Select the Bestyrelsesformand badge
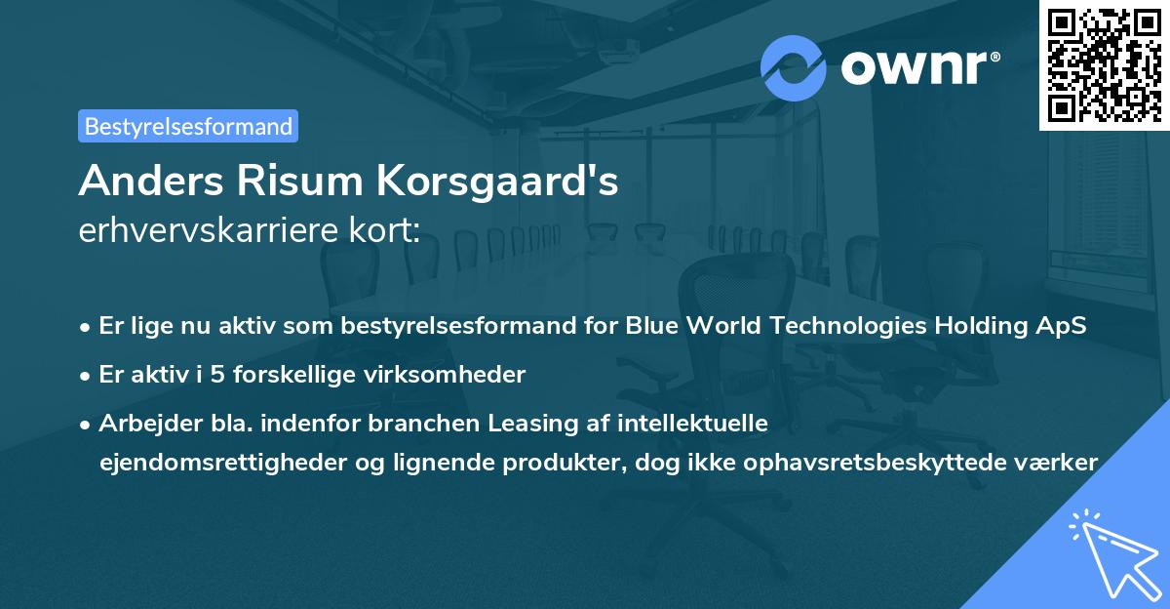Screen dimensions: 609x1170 coord(188,126)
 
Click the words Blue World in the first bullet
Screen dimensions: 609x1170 coord(680,327)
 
